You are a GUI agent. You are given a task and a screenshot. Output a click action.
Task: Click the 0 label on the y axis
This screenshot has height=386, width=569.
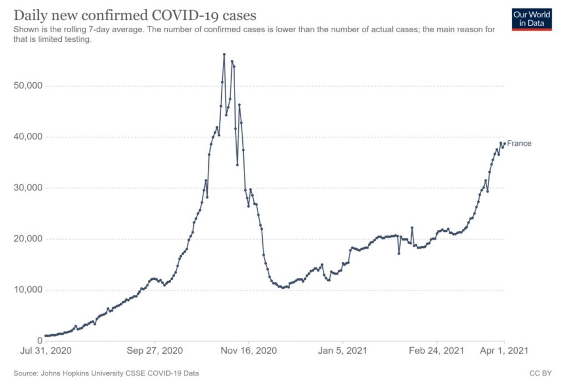40,340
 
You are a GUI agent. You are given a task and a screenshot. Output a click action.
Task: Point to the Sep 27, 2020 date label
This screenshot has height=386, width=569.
154,352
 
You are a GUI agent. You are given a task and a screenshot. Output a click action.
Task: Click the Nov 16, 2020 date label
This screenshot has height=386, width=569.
249,352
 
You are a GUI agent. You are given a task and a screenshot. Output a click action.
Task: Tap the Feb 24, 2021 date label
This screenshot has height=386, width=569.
437,352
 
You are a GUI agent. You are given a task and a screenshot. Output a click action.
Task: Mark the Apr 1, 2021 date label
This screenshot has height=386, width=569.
505,352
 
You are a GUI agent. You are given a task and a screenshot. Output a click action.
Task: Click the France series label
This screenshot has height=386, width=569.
519,143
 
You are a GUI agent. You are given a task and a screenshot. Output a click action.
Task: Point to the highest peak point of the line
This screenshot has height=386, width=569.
224,54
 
